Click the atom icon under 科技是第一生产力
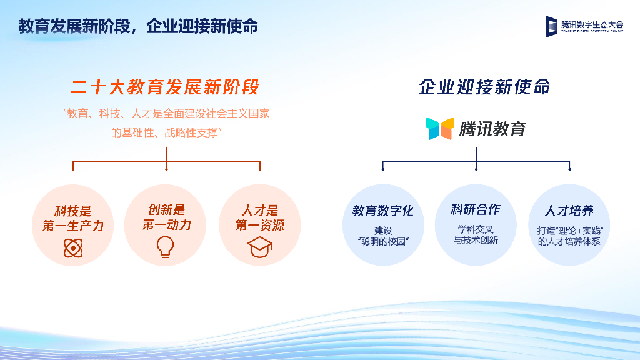[x=73, y=247]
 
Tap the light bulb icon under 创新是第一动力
[x=166, y=247]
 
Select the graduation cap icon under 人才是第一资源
[x=259, y=247]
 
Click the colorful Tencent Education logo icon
[x=440, y=129]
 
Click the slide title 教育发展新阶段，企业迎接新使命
[x=138, y=27]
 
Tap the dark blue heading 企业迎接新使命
[x=484, y=87]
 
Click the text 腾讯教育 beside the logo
[x=492, y=129]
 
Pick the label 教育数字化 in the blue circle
[x=383, y=211]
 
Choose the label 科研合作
[x=476, y=209]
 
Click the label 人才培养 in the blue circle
[x=569, y=211]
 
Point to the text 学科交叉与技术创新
[x=476, y=234]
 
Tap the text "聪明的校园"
[x=383, y=241]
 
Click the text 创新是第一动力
[x=166, y=217]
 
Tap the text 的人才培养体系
[x=569, y=241]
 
